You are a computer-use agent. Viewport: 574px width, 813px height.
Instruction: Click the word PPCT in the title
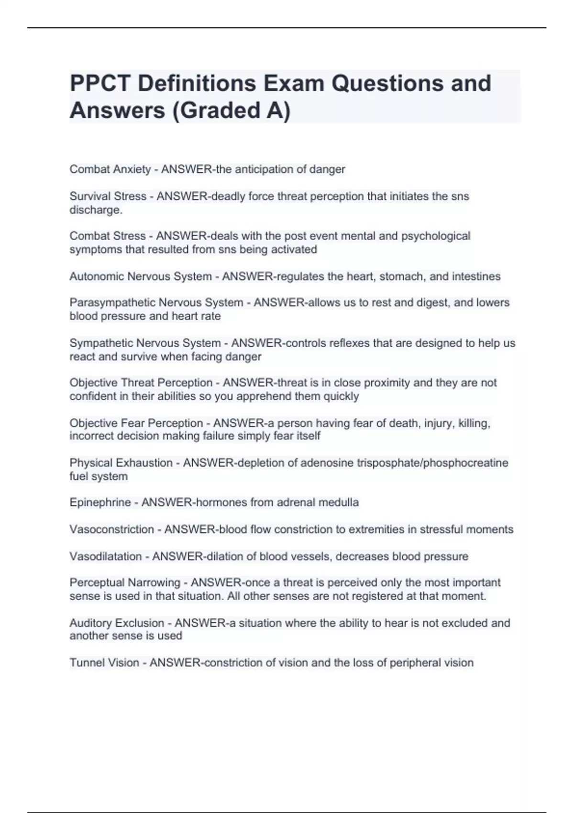click(x=99, y=83)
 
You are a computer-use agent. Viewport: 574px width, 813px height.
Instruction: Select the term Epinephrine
click(x=100, y=503)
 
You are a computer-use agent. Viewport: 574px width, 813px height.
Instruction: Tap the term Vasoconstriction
click(x=111, y=529)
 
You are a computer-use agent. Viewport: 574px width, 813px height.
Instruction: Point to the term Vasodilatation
click(x=105, y=556)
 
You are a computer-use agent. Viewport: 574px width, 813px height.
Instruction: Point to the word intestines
click(x=475, y=276)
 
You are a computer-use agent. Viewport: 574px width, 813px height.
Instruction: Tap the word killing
click(x=474, y=423)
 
